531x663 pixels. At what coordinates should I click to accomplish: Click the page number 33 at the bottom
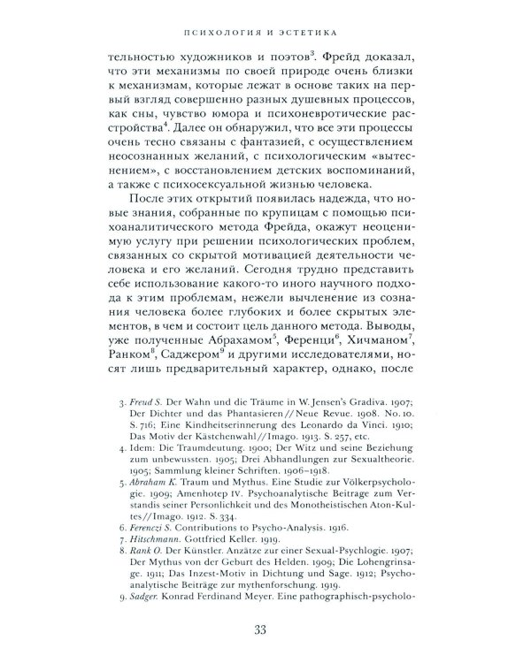(x=265, y=629)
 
